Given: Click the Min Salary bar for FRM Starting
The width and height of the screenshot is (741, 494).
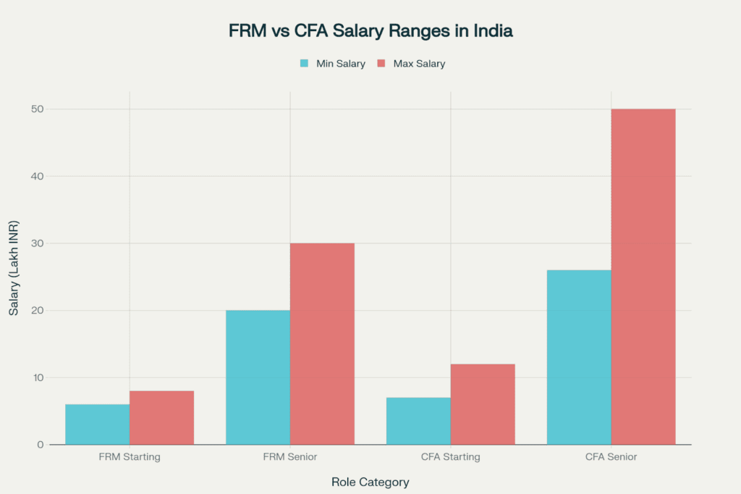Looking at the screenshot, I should click(98, 424).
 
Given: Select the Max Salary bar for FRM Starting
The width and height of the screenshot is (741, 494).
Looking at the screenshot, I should click(161, 418).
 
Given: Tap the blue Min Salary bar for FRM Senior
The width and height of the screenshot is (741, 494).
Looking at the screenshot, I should click(258, 377).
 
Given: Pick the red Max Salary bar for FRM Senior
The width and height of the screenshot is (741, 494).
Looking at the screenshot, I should click(322, 344).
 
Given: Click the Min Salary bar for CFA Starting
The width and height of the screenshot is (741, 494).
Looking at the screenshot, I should click(418, 421).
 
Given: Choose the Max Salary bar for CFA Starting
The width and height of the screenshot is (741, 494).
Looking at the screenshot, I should click(483, 404).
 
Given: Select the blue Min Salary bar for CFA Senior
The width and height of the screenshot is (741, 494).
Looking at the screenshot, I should click(579, 357).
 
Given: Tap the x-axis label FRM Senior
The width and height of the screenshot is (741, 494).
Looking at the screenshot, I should click(289, 457).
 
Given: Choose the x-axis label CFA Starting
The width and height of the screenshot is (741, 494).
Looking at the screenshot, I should click(450, 457).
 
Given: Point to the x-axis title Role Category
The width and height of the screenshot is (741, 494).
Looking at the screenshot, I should click(370, 482).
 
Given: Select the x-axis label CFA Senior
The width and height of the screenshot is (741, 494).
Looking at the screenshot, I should click(611, 457).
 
